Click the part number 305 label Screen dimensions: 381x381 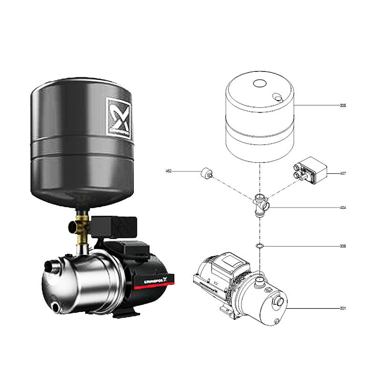pos(343,105)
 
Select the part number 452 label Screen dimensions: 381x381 pos(168,170)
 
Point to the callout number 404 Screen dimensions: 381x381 pos(343,208)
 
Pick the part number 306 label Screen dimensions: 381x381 pos(343,246)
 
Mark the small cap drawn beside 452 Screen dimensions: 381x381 pos(207,174)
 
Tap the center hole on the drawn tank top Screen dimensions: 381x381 pos(260,84)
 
